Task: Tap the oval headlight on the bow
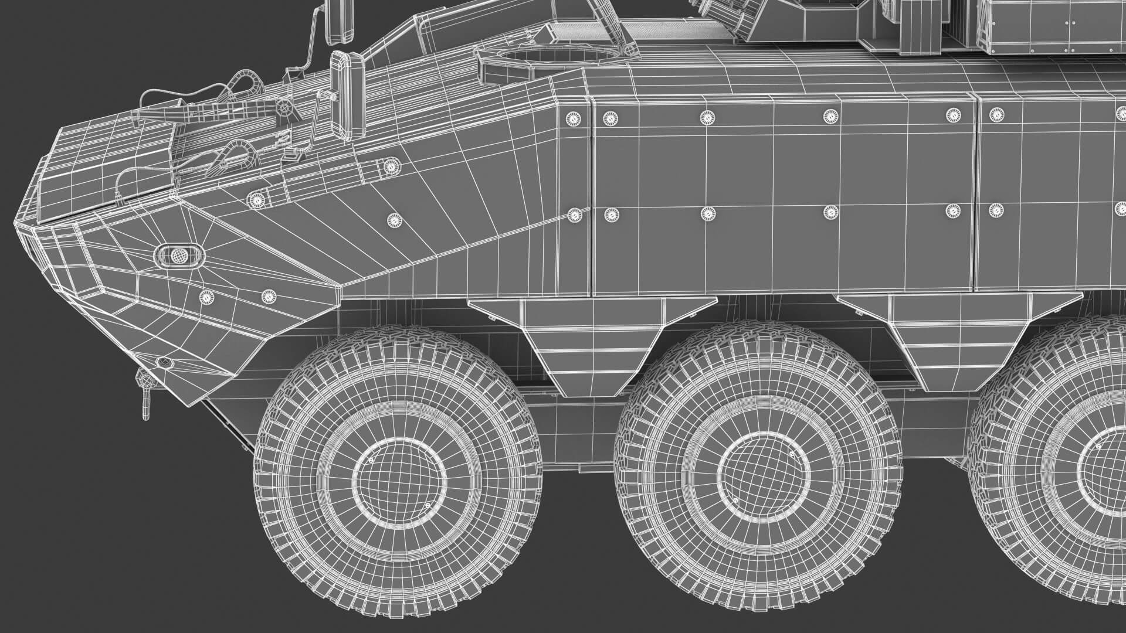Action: (x=179, y=256)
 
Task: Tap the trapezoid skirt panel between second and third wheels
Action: (x=962, y=334)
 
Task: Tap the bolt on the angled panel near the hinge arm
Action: (x=256, y=200)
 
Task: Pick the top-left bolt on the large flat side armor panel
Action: (x=611, y=119)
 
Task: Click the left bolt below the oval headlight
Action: (x=206, y=297)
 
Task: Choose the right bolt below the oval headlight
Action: (x=267, y=297)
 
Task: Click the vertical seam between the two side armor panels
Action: (x=976, y=193)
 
